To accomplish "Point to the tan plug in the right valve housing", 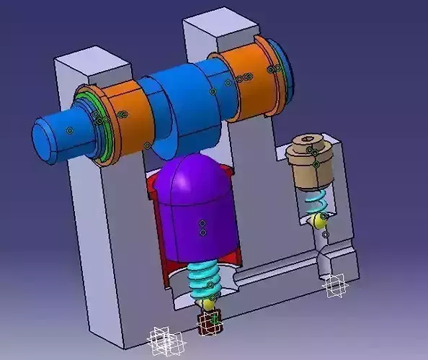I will tap(310, 162).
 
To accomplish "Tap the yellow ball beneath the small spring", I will tap(317, 221).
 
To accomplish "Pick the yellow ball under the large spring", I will tap(208, 304).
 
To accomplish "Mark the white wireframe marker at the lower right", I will tap(335, 286).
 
